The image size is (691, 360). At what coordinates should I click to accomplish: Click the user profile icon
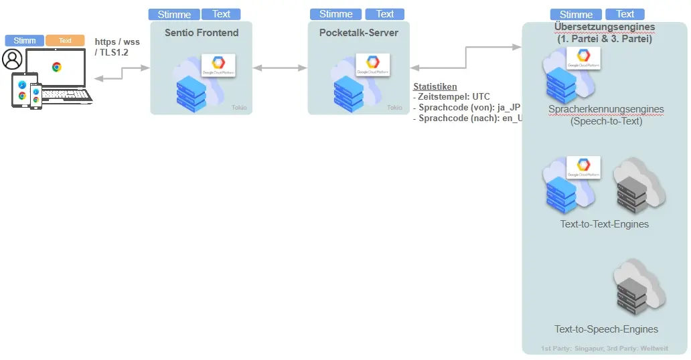click(12, 60)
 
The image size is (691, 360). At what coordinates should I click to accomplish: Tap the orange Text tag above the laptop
click(65, 41)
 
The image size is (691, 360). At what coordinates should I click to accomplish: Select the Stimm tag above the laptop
click(25, 41)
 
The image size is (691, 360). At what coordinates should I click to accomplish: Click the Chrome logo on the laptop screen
click(57, 67)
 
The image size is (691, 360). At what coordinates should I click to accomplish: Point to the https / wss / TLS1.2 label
click(117, 47)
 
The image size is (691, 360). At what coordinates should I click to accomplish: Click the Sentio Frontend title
click(202, 32)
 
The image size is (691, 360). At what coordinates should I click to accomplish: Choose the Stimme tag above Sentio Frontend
click(174, 14)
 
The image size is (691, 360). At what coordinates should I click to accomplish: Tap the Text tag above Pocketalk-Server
click(385, 14)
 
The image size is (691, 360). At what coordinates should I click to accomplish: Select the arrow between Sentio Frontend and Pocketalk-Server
click(280, 68)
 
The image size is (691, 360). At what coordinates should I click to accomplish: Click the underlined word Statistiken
click(435, 86)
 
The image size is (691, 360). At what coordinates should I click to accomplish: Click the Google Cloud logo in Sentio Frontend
click(218, 66)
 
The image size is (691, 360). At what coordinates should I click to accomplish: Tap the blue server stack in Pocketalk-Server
click(348, 93)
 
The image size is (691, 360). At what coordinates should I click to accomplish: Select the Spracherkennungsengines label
click(606, 109)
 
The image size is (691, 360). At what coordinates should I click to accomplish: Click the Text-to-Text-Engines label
click(605, 224)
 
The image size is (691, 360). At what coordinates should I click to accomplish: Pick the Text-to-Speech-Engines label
click(606, 329)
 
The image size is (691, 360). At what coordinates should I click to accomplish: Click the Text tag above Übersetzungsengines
click(625, 14)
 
